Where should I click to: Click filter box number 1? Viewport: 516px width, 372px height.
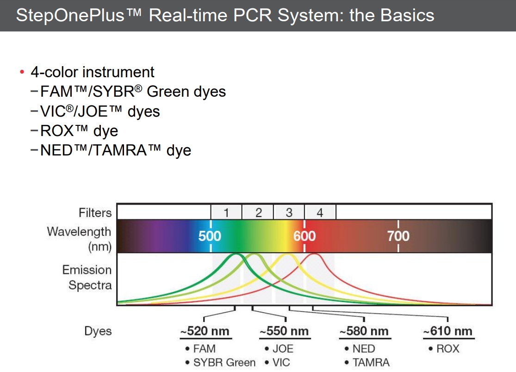pos(226,213)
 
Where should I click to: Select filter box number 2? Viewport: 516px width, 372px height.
pos(258,213)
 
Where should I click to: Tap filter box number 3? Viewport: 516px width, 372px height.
pos(289,213)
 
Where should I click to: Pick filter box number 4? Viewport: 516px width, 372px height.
pos(320,213)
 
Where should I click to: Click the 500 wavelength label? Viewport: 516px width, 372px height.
pos(210,236)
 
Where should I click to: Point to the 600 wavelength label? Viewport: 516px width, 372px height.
pos(305,236)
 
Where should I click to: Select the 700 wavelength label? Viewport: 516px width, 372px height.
pos(398,236)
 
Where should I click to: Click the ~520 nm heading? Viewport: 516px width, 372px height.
pos(205,331)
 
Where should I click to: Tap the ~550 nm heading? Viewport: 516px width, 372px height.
pos(284,331)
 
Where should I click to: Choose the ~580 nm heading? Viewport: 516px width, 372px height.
pos(364,331)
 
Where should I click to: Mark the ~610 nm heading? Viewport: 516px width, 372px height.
pos(448,331)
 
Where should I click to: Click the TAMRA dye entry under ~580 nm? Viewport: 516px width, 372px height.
pos(371,362)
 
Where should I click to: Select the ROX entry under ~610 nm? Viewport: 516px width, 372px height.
pos(448,348)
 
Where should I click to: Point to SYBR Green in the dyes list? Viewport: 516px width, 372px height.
pos(224,362)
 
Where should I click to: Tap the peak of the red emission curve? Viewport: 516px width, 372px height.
pos(314,254)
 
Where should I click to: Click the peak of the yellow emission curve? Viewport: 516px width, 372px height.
pos(287,254)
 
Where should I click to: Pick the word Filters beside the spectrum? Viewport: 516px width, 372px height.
pos(95,213)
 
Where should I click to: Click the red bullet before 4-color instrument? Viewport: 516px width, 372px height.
pos(21,72)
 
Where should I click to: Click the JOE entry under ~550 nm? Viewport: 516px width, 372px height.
pos(283,348)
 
